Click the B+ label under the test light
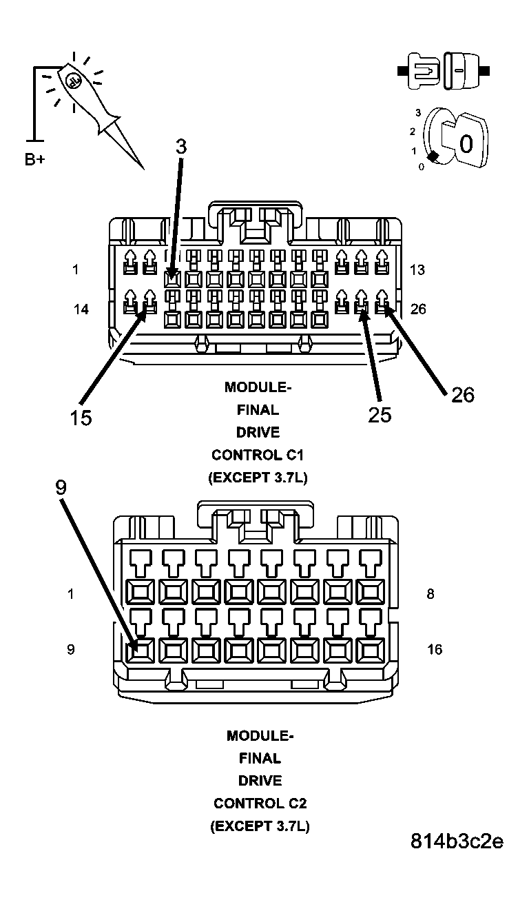tap(34, 160)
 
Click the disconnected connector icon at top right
tap(444, 70)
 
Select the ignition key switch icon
tap(455, 138)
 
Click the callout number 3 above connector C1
tap(180, 147)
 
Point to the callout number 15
tap(81, 418)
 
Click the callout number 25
tap(380, 414)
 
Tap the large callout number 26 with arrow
tap(463, 395)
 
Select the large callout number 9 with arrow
tap(61, 488)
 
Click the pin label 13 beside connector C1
tap(417, 269)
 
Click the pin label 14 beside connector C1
tap(81, 309)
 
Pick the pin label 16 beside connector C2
tap(435, 649)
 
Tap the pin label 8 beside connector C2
tap(431, 594)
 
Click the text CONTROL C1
tap(258, 455)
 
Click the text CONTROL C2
tap(260, 803)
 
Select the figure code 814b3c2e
tap(457, 841)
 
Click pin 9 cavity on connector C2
tap(141, 648)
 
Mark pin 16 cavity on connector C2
tap(371, 648)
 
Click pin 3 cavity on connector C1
tap(172, 279)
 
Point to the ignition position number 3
tap(418, 112)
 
